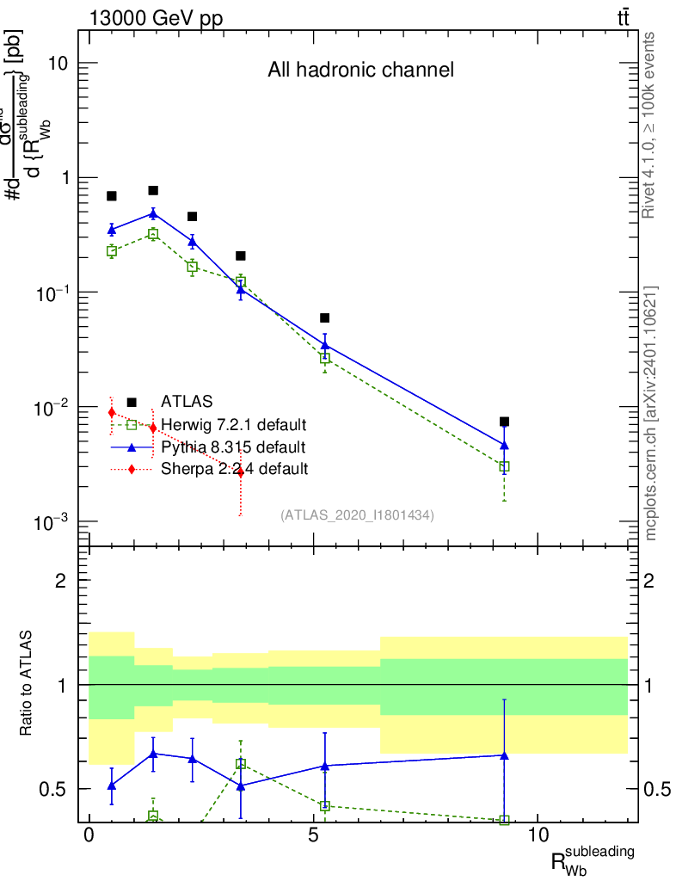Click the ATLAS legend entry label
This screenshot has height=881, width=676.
(187, 401)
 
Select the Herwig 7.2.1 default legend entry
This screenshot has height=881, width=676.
(234, 425)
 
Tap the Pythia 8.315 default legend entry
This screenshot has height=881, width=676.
(232, 447)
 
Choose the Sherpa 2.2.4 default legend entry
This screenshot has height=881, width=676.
(234, 470)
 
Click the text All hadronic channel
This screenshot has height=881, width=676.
(360, 70)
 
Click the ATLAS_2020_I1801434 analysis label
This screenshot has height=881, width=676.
(357, 515)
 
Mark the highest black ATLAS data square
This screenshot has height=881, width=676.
(153, 190)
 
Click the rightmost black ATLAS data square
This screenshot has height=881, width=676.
(504, 422)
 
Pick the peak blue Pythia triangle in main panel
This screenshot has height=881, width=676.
(153, 213)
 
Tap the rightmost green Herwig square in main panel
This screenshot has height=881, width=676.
(504, 466)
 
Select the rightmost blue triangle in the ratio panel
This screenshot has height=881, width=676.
(504, 755)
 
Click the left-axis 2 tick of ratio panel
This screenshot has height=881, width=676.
(61, 580)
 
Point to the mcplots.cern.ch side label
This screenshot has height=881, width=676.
(651, 413)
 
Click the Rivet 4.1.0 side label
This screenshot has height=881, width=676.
(649, 125)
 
